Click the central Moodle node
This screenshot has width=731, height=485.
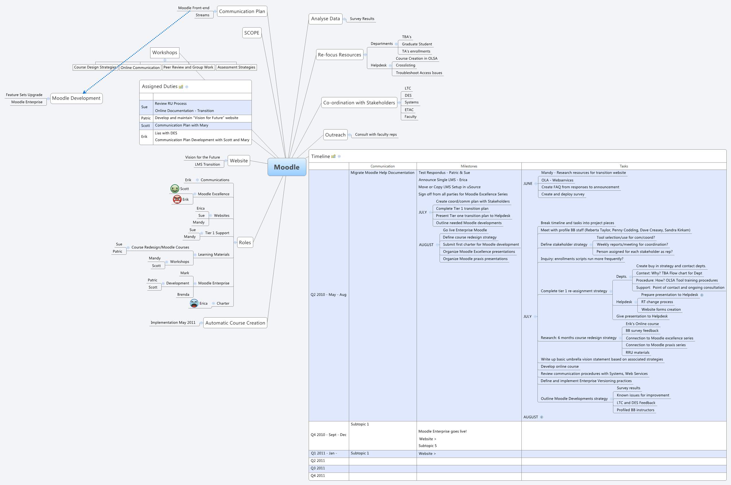tap(287, 167)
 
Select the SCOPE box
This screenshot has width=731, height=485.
tap(252, 33)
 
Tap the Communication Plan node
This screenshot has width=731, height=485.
tap(242, 11)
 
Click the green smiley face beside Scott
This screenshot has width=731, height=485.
tap(175, 189)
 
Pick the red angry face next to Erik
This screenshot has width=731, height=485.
tap(177, 200)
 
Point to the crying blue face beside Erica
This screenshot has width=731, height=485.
tap(194, 303)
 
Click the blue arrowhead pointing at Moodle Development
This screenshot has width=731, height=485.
tap(84, 92)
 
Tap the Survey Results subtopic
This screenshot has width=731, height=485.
tap(362, 19)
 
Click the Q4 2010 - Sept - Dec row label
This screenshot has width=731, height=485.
tap(328, 434)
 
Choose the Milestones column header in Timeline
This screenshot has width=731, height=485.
tap(469, 166)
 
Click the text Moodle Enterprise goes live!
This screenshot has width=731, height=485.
tap(442, 431)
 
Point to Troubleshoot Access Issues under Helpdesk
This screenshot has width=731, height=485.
tap(419, 73)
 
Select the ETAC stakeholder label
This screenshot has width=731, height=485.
tap(409, 110)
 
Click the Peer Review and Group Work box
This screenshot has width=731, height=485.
tap(188, 67)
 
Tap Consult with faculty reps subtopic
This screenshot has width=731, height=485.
tap(376, 135)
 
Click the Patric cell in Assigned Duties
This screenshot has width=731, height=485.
tap(146, 118)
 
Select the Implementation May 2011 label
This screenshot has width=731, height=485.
tap(173, 322)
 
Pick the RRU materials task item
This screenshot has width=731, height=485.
tap(637, 352)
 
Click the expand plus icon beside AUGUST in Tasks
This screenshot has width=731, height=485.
tap(542, 417)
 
